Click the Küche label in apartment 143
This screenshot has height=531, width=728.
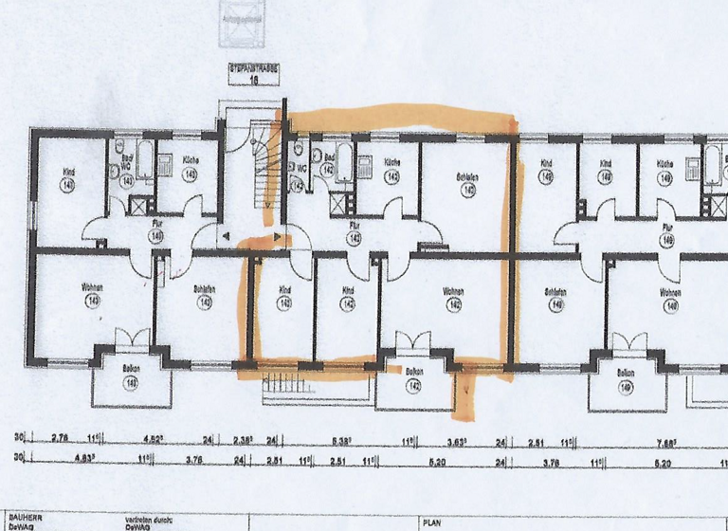(x=189, y=162)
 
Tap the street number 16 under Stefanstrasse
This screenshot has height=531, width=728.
(x=254, y=82)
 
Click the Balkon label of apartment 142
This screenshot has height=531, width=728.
(x=415, y=373)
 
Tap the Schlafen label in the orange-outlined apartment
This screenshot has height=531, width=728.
(x=465, y=177)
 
